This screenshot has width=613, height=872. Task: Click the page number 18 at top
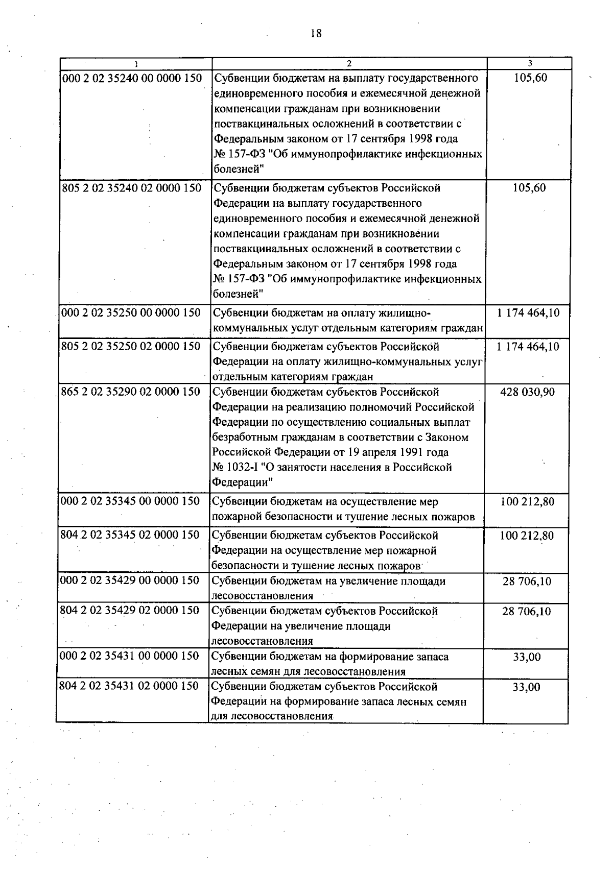click(x=316, y=34)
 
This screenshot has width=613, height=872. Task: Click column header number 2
click(x=349, y=64)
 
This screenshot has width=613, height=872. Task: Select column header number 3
click(x=530, y=64)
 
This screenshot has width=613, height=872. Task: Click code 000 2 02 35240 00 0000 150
click(x=131, y=79)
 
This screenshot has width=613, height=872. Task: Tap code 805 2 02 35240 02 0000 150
click(x=131, y=188)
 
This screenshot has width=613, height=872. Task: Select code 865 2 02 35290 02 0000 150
click(x=130, y=392)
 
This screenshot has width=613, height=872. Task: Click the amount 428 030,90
click(x=527, y=392)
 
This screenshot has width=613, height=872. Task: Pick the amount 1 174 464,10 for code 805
click(x=528, y=347)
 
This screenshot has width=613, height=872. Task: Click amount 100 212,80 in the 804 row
click(x=527, y=536)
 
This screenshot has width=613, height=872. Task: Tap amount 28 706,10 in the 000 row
click(x=527, y=582)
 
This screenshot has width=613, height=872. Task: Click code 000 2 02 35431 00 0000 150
click(x=129, y=656)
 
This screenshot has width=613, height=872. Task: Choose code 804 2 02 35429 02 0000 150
click(x=129, y=611)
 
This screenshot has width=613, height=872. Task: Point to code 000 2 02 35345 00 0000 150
click(x=130, y=501)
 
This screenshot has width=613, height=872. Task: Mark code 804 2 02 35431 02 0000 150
click(x=129, y=686)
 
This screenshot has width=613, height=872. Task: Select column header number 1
click(x=136, y=64)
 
